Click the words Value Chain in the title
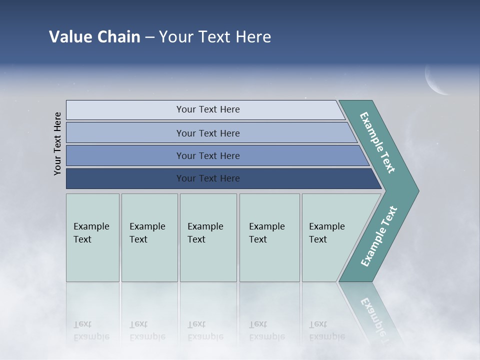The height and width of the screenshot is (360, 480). [x=94, y=37]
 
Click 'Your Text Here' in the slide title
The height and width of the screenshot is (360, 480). [x=215, y=37]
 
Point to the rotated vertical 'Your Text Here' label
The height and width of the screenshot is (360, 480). [x=57, y=143]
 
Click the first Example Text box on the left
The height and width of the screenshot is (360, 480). [x=92, y=237]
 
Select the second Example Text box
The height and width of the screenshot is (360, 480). [x=149, y=237]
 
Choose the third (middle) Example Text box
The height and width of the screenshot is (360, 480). [x=208, y=237]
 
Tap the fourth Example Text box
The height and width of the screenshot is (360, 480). [x=269, y=237]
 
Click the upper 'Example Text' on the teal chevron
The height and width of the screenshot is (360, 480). [x=377, y=142]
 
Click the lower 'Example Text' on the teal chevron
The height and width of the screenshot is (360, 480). [x=379, y=236]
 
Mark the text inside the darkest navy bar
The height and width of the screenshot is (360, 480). [x=208, y=178]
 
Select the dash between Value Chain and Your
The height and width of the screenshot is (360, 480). [x=149, y=37]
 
